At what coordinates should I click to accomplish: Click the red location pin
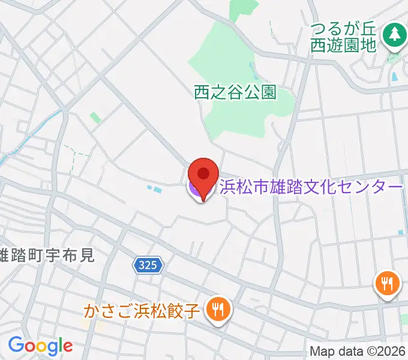(x=203, y=175)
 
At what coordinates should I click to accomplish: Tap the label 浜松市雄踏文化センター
(x=311, y=188)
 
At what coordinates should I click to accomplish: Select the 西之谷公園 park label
(x=235, y=92)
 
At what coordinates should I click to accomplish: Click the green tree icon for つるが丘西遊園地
(x=394, y=35)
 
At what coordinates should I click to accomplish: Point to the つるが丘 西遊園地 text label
(x=344, y=36)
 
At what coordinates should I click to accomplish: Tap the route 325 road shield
(x=148, y=265)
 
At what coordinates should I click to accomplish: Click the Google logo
(x=40, y=345)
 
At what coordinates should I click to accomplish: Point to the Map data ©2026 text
(x=358, y=351)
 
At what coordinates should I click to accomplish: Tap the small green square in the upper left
(x=95, y=118)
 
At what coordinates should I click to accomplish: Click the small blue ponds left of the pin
(x=154, y=190)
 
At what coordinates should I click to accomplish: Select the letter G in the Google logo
(x=15, y=345)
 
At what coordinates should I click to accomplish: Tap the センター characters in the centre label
(x=371, y=188)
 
